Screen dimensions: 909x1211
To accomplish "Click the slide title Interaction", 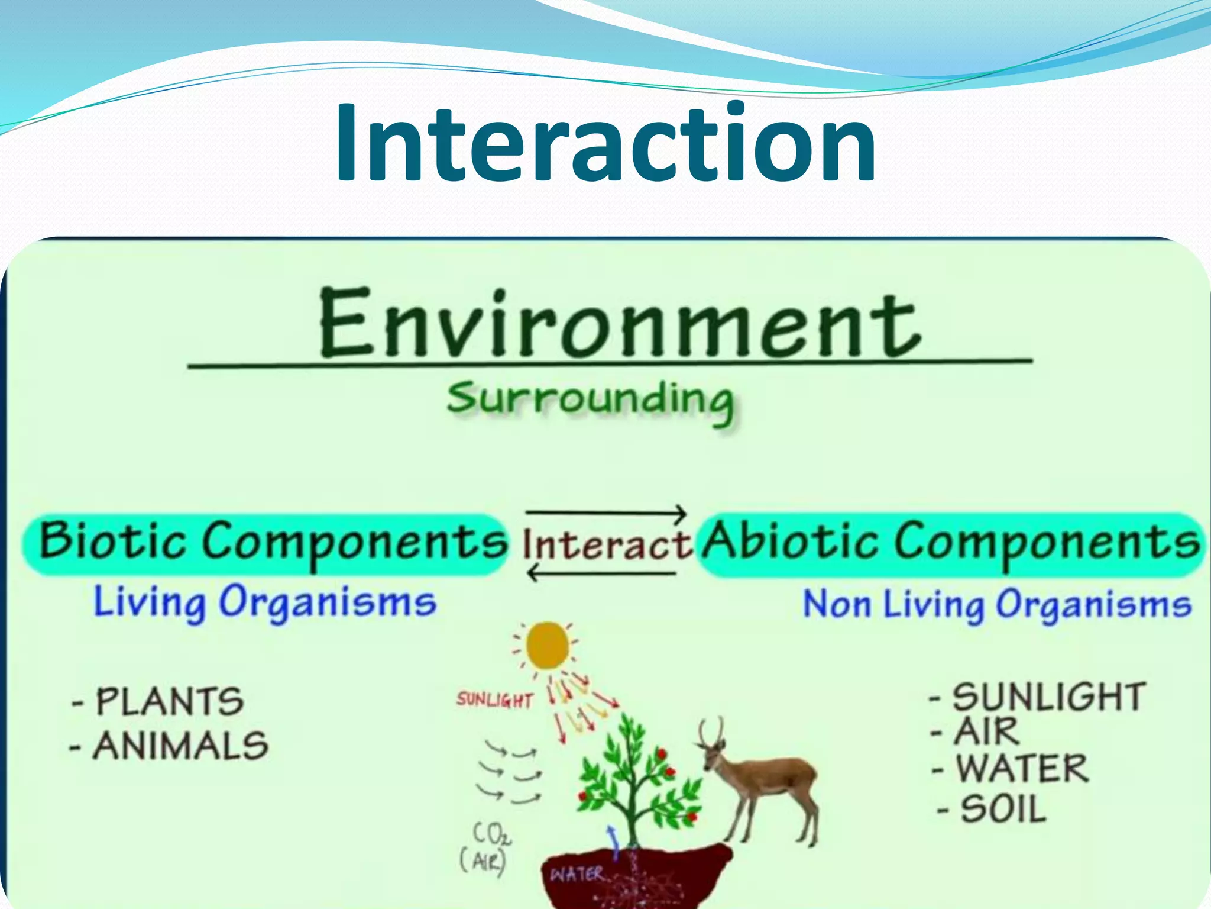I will pyautogui.click(x=605, y=143).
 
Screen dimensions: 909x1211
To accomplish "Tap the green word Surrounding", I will pyautogui.click(x=590, y=400).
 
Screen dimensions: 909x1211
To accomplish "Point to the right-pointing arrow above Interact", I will pyautogui.click(x=607, y=512).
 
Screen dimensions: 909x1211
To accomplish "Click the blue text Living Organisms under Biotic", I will pyautogui.click(x=265, y=602).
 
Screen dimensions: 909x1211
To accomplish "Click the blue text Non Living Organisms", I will pyautogui.click(x=997, y=605).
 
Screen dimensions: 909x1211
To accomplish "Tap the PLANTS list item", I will pyautogui.click(x=169, y=702).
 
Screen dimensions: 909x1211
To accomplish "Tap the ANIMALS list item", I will pyautogui.click(x=181, y=746).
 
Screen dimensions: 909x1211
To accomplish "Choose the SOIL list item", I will pyautogui.click(x=1003, y=810).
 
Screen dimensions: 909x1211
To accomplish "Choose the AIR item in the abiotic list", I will pyautogui.click(x=986, y=732).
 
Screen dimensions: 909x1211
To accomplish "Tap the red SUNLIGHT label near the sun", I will pyautogui.click(x=494, y=701).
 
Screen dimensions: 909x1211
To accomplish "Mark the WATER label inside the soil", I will pyautogui.click(x=577, y=875).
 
